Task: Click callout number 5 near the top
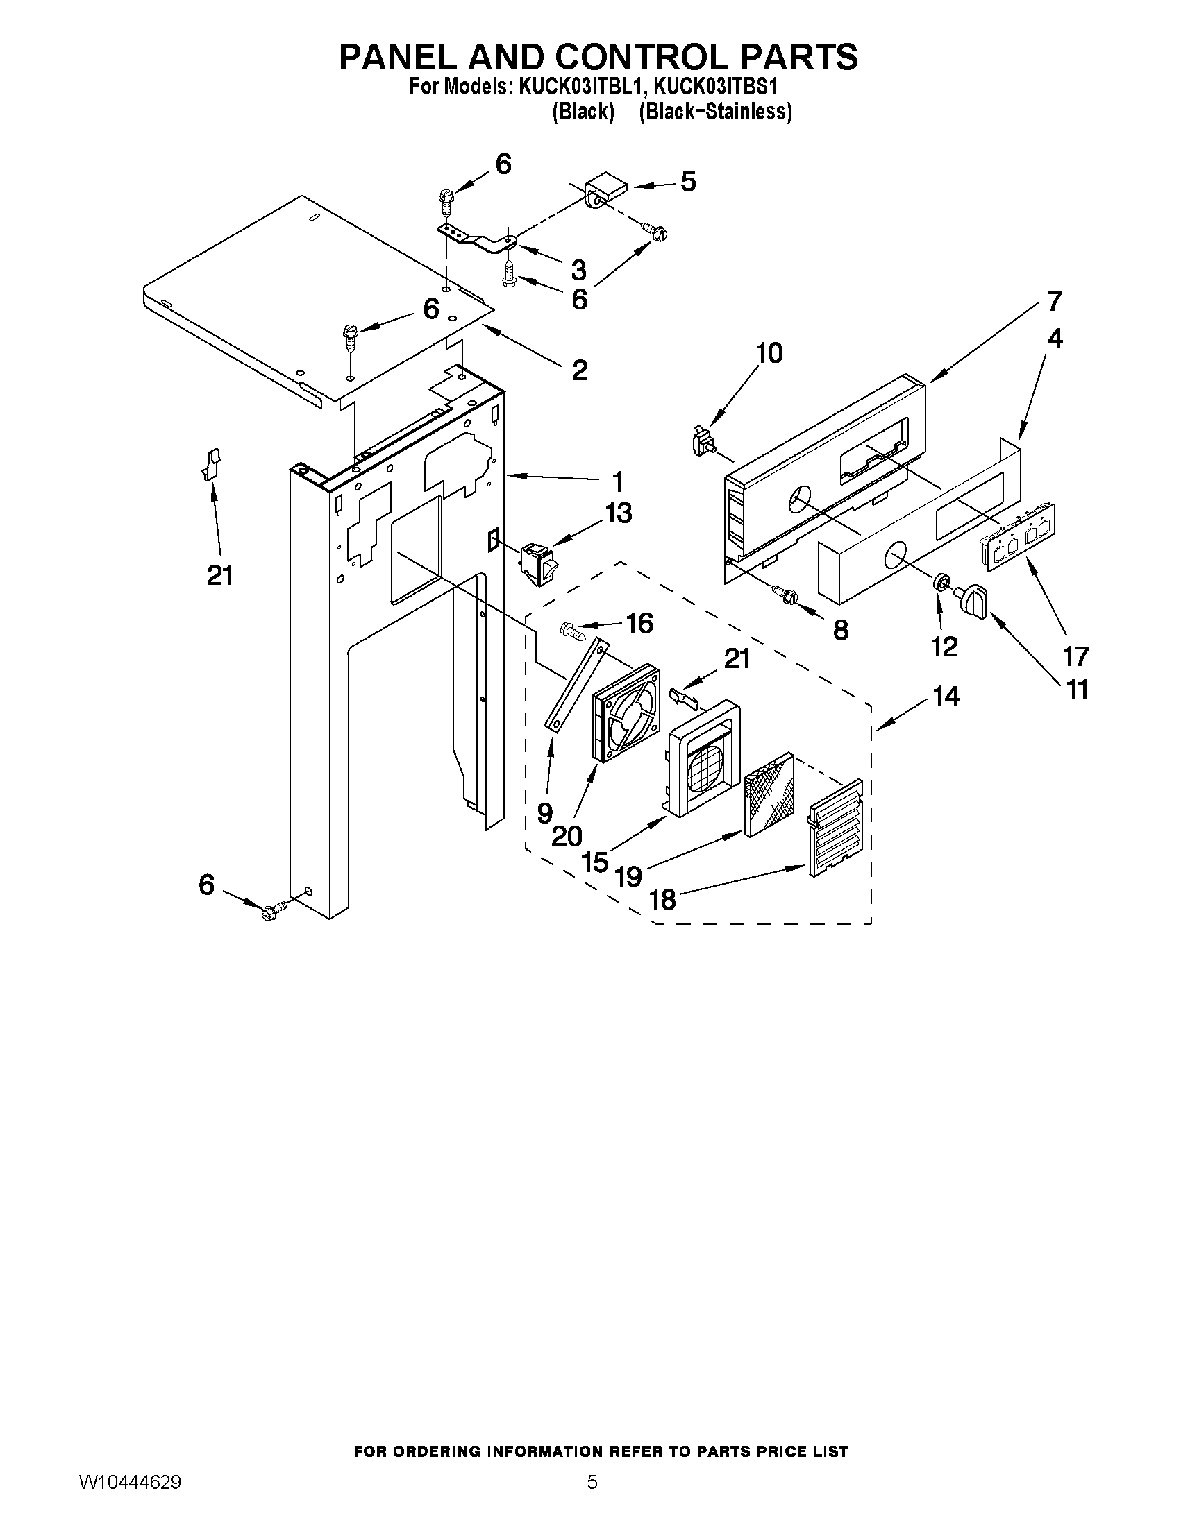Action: click(688, 182)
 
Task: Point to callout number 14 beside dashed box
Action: click(946, 696)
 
